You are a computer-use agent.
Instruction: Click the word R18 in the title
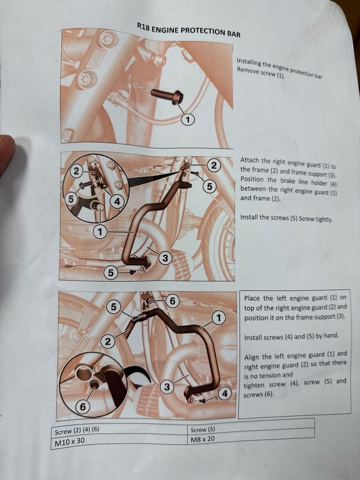click(143, 27)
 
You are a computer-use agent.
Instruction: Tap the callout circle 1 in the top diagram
click(188, 119)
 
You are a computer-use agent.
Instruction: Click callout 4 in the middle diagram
click(117, 201)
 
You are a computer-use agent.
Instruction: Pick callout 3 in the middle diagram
click(165, 258)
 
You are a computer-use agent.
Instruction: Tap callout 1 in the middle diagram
click(100, 232)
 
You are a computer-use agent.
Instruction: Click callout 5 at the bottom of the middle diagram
click(111, 273)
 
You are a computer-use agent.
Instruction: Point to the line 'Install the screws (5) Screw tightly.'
click(286, 218)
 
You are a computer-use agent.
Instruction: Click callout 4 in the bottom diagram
click(225, 393)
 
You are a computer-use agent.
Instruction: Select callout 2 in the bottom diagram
click(108, 342)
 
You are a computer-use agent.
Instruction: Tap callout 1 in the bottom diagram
click(219, 318)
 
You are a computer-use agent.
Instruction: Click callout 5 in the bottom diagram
click(114, 307)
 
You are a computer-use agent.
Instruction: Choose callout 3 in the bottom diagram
click(167, 387)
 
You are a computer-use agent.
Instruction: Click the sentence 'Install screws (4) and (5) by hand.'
click(291, 337)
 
